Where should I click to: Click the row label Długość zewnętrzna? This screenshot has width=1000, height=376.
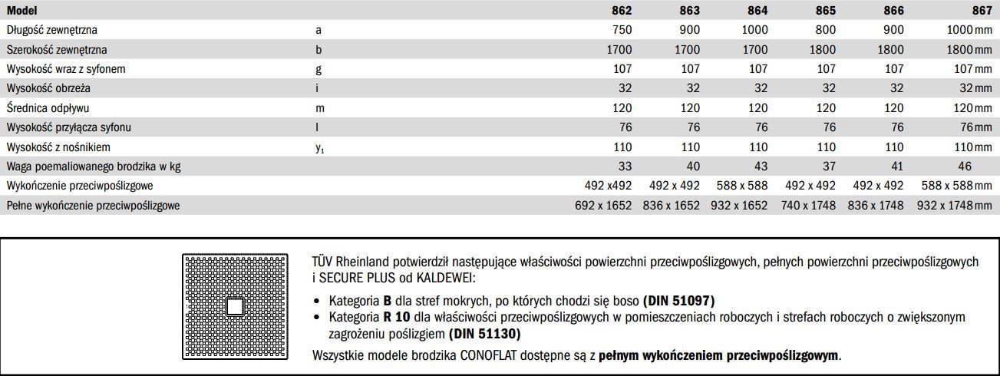click(52, 30)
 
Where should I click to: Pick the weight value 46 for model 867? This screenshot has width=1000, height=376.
click(964, 167)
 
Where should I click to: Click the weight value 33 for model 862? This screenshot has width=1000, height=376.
click(625, 167)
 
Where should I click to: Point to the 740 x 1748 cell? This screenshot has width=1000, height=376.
click(810, 206)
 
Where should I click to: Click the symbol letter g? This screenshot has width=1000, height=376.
click(318, 69)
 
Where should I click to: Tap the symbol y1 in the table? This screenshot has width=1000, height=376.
click(320, 148)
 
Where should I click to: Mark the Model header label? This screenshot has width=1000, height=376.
click(21, 11)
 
